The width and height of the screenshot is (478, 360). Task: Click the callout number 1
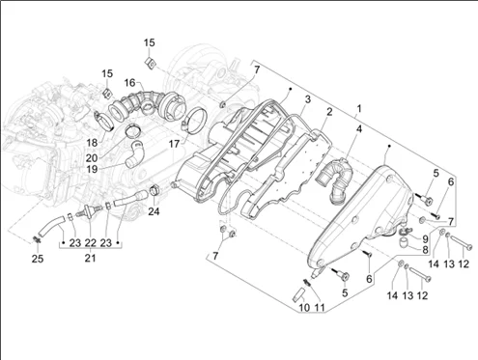[x=359, y=109]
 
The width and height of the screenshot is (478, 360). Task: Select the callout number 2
[x=329, y=112]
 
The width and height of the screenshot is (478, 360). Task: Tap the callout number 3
[x=308, y=99]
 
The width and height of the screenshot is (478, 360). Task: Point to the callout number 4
[x=359, y=129]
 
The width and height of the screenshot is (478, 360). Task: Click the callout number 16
[x=130, y=83]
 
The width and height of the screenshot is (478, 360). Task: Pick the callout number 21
[x=90, y=258]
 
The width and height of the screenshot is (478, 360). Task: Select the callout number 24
[x=154, y=211]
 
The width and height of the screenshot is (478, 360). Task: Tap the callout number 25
[x=38, y=259]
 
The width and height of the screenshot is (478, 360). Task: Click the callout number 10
[x=304, y=308]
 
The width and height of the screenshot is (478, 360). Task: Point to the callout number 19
[x=92, y=169]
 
